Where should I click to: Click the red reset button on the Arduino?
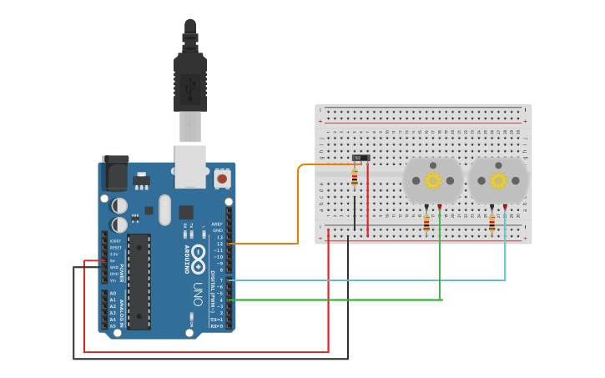(222, 178)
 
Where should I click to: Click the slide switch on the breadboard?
(360, 158)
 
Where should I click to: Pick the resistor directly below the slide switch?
(355, 178)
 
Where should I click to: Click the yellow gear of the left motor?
(432, 180)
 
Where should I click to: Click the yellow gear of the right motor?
(498, 180)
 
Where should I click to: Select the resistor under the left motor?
(427, 223)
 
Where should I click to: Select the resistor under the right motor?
(492, 223)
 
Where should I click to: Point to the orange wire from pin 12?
(298, 209)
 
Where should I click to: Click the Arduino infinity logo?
(199, 254)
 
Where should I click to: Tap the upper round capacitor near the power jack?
(120, 204)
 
